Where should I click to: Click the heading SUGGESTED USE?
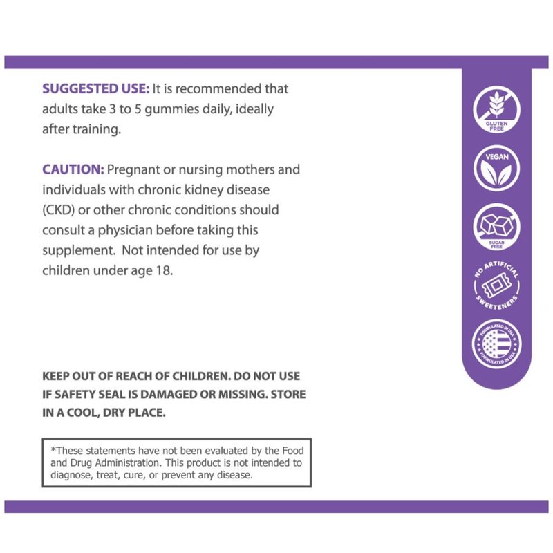point(95,89)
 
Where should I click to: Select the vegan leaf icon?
point(496,167)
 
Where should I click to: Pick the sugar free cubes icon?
point(496,227)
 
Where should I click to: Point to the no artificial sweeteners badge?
point(496,285)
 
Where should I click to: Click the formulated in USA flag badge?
point(496,344)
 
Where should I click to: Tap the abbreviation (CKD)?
point(60,209)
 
